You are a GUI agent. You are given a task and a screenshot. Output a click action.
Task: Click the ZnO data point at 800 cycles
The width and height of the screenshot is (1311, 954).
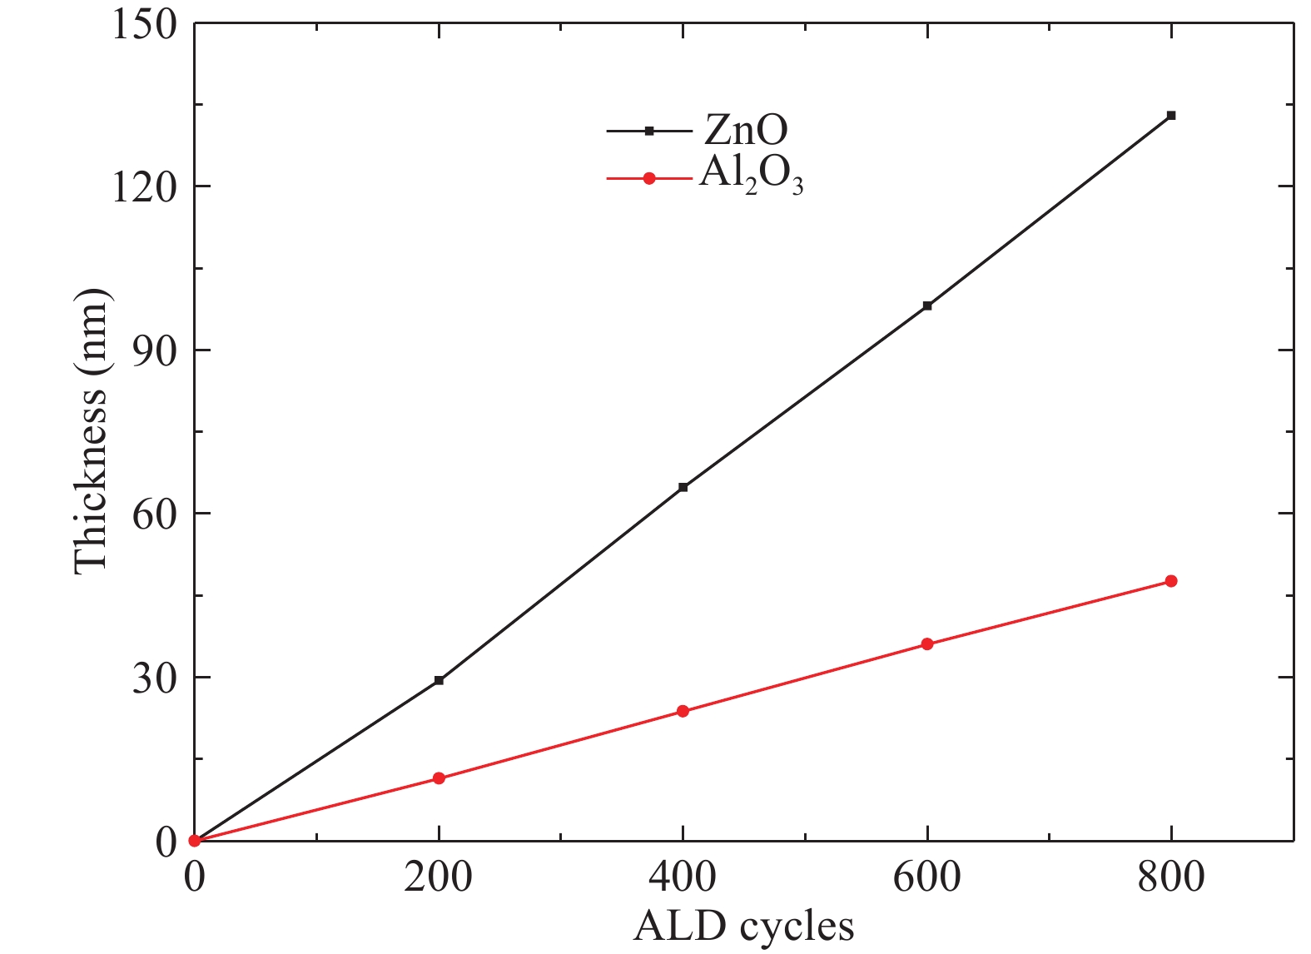[1170, 116]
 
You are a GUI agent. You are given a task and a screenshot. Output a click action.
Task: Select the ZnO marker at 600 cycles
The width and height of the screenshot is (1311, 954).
[926, 306]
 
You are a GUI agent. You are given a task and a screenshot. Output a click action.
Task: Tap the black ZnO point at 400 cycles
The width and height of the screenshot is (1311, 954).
[683, 487]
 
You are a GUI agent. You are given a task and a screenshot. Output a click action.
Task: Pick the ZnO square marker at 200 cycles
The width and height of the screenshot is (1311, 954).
[439, 680]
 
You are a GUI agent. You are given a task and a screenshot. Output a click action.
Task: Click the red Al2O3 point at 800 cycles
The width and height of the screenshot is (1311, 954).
[1170, 581]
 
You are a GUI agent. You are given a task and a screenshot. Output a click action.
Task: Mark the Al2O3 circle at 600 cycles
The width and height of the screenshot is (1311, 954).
[926, 643]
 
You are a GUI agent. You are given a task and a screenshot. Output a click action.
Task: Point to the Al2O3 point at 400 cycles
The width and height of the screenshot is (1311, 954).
[683, 711]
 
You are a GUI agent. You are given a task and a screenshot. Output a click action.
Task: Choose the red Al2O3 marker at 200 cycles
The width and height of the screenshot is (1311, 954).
[439, 778]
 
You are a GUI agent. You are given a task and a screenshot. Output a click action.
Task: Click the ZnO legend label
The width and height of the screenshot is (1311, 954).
[746, 130]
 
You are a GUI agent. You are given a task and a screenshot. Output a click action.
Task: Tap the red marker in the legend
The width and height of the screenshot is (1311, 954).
[650, 177]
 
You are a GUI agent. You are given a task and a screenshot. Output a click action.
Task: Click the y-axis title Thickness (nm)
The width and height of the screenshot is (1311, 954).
[92, 431]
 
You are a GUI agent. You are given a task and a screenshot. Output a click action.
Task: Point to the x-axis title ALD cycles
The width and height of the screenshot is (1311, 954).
[743, 926]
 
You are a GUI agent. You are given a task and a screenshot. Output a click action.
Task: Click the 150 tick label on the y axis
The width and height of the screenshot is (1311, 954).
[144, 25]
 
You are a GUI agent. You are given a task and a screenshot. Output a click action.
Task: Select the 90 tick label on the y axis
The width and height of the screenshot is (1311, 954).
[155, 350]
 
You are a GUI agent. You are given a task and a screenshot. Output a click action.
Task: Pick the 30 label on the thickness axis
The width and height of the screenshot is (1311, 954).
[155, 678]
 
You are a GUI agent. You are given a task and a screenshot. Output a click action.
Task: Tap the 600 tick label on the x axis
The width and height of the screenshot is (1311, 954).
[926, 877]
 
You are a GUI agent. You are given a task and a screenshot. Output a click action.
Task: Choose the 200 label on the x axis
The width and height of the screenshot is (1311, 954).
[439, 877]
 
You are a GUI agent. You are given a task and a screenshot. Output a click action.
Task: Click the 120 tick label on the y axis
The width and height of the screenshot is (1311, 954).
[144, 186]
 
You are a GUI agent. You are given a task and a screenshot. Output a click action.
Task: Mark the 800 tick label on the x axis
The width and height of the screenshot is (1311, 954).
[1170, 877]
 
